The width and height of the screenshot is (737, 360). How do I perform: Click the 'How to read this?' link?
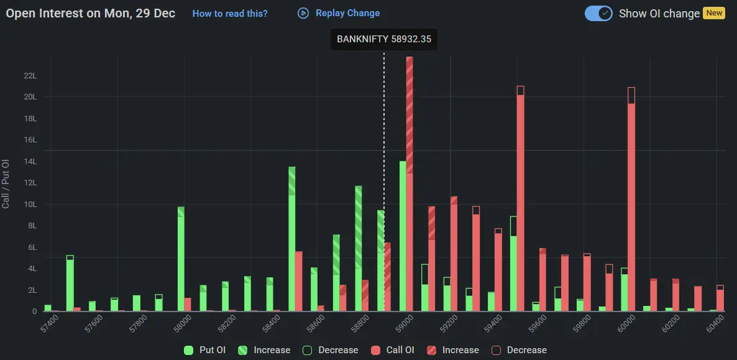[230, 13]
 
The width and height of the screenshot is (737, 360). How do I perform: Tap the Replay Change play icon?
[303, 13]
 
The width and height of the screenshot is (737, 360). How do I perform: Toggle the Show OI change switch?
[599, 13]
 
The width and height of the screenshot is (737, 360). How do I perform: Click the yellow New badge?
[714, 13]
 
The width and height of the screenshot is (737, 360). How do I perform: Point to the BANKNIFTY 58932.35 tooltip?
[384, 39]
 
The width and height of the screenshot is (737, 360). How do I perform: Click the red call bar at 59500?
[520, 199]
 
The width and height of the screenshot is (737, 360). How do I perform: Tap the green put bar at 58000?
[181, 260]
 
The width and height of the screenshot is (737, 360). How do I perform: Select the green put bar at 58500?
[291, 239]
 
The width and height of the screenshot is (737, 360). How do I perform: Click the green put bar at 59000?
[403, 236]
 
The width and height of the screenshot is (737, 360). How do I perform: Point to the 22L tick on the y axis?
[30, 76]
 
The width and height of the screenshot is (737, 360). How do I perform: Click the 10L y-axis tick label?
[30, 205]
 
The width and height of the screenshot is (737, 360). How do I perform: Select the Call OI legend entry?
[393, 350]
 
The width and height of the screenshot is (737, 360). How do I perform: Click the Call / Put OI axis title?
[6, 183]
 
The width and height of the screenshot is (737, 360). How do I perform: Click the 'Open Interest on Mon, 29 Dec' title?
[91, 13]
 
